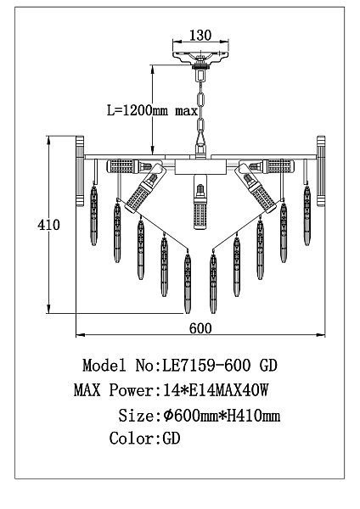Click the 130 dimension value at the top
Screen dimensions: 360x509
coord(200,35)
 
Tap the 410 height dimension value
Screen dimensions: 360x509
coord(48,225)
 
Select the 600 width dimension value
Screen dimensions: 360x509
coord(200,328)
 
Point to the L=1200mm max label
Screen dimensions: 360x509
coord(152,110)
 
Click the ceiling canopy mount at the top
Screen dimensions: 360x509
coord(200,58)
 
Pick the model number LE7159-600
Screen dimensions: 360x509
coord(206,366)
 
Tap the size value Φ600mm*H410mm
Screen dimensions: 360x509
coord(222,415)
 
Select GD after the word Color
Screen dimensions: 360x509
coord(172,439)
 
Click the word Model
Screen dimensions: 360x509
coord(104,366)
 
